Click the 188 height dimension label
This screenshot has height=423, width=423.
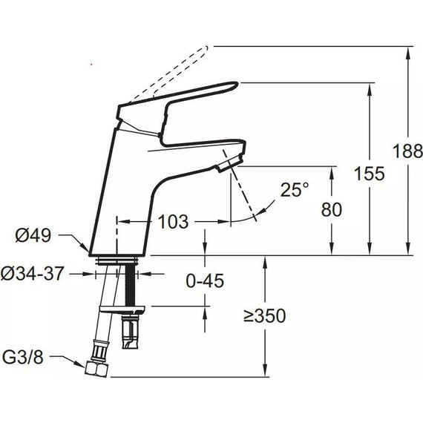(x=407, y=151)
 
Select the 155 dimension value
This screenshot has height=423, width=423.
(x=369, y=173)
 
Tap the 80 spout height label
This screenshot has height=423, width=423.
(x=332, y=209)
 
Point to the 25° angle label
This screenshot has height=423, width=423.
(x=295, y=190)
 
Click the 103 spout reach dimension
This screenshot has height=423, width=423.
(x=173, y=222)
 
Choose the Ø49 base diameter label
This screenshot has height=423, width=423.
(x=33, y=235)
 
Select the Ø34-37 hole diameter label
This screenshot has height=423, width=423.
(x=33, y=273)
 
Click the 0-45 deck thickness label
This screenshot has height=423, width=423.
(x=205, y=281)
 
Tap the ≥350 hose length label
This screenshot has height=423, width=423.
(x=264, y=315)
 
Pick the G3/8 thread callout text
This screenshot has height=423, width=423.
(x=23, y=358)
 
